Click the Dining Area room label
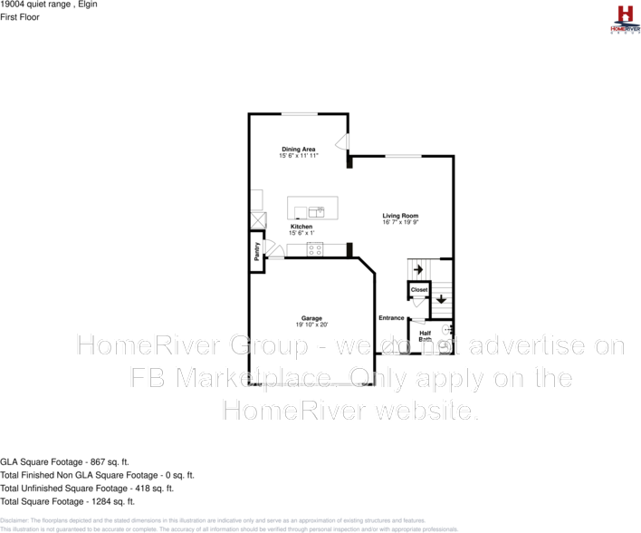pyautogui.click(x=298, y=149)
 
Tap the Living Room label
pyautogui.click(x=400, y=216)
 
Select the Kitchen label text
pyautogui.click(x=301, y=227)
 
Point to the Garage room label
pyautogui.click(x=311, y=318)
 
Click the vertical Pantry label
pyautogui.click(x=257, y=250)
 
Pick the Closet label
pyautogui.click(x=419, y=290)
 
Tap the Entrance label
pyautogui.click(x=391, y=317)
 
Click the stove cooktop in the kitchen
pyautogui.click(x=314, y=249)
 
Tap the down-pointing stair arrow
pyautogui.click(x=441, y=299)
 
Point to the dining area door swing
pyautogui.click(x=340, y=143)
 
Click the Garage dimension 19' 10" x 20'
pyautogui.click(x=311, y=325)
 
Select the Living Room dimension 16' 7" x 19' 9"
pyautogui.click(x=400, y=222)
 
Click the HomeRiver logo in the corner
pyautogui.click(x=624, y=19)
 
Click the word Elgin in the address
pyautogui.click(x=87, y=5)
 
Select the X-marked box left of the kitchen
pyautogui.click(x=258, y=220)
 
